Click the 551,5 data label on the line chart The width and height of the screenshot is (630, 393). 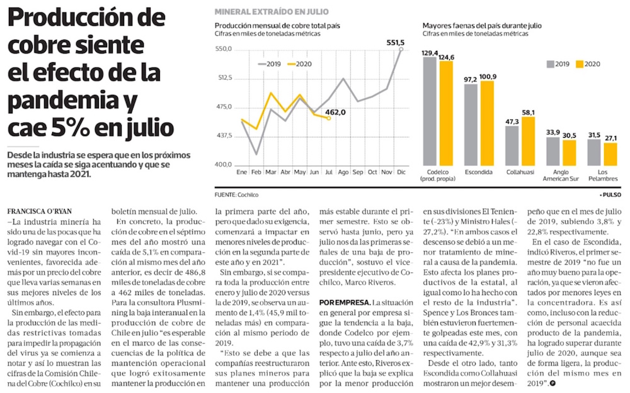395,42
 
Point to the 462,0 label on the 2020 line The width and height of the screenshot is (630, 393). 336,112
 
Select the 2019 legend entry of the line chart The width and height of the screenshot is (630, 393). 270,64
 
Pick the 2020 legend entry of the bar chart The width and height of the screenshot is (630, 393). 590,64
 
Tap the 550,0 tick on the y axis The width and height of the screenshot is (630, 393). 224,49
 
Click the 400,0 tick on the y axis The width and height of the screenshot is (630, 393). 224,165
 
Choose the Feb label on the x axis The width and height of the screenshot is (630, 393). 256,171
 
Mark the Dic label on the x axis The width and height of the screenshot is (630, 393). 401,171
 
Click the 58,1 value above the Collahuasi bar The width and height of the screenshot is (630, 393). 528,112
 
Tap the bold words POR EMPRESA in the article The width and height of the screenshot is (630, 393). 344,303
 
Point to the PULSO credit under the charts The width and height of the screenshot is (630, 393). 610,195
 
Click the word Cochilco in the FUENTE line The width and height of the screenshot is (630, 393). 248,195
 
